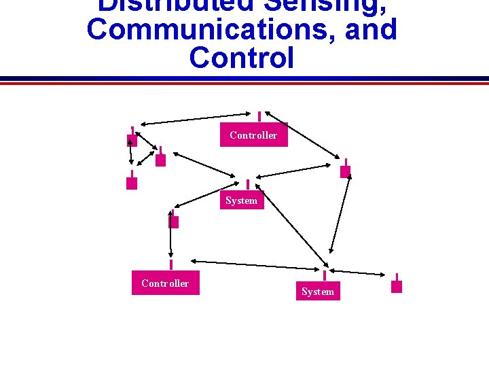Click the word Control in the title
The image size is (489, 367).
[242, 58]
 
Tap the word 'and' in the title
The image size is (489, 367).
[369, 30]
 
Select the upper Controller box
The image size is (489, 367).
[253, 135]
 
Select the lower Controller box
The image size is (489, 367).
[165, 283]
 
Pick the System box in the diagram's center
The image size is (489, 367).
[241, 200]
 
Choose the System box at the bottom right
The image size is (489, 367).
[318, 291]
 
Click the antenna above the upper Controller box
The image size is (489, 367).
[259, 117]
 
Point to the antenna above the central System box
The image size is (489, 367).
[248, 184]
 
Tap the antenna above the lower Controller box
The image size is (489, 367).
[171, 264]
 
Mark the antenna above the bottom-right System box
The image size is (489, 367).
[325, 275]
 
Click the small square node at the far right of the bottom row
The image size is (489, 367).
[397, 286]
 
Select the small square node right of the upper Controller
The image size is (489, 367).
[346, 171]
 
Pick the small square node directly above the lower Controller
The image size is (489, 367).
[173, 222]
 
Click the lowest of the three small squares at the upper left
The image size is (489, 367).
[132, 183]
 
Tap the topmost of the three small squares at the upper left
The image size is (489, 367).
[132, 141]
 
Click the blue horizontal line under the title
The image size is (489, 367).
[244, 78]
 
